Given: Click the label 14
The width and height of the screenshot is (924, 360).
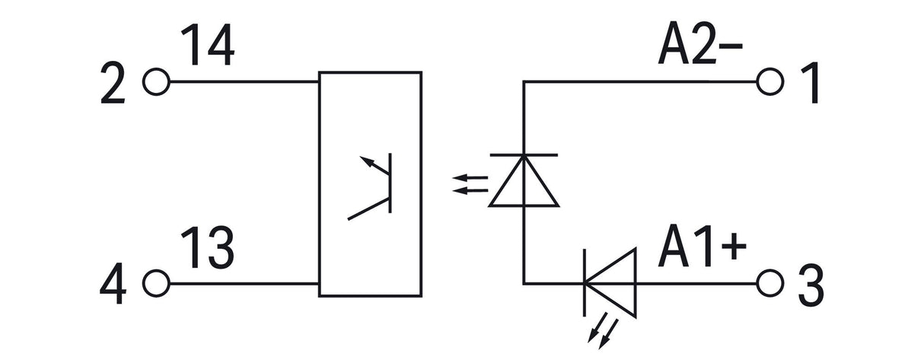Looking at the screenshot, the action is [x=209, y=45].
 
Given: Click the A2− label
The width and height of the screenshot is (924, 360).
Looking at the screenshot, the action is [x=700, y=43].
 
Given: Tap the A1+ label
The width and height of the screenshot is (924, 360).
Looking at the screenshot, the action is [x=702, y=245].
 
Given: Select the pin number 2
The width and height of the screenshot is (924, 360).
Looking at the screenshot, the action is [x=113, y=83].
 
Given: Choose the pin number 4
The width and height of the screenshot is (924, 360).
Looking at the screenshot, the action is [x=113, y=284].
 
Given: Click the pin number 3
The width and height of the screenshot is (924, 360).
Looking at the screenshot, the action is [x=811, y=285].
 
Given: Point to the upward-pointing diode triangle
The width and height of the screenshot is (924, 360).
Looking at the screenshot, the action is [x=524, y=180].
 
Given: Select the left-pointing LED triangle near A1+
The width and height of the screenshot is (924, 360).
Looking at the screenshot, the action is [x=610, y=283].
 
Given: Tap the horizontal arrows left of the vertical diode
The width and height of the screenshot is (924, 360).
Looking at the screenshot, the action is [x=470, y=184].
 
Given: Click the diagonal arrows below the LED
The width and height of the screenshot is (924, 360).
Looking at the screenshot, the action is [x=603, y=331].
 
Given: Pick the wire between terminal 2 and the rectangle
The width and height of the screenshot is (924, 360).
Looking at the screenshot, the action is [x=244, y=81].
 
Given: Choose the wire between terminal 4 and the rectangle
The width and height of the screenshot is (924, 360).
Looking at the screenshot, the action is [x=244, y=284].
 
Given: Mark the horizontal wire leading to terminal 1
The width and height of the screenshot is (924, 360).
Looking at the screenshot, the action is [x=640, y=81].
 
